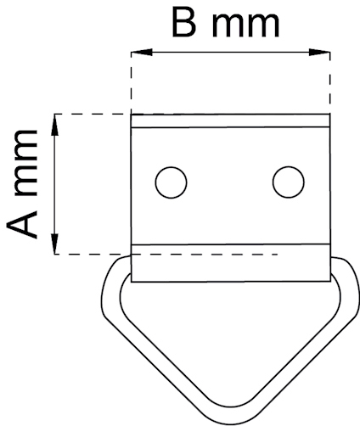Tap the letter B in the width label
[183, 25]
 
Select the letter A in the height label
[22, 224]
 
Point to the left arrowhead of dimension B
[142, 52]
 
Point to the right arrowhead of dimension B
[319, 52]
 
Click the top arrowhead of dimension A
[55, 125]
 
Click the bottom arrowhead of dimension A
[55, 244]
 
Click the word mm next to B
[245, 25]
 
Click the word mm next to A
[25, 163]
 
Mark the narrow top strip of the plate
[230, 121]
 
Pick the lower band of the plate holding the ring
[231, 263]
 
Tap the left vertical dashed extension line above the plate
[131, 83]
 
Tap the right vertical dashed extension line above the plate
[330, 83]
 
